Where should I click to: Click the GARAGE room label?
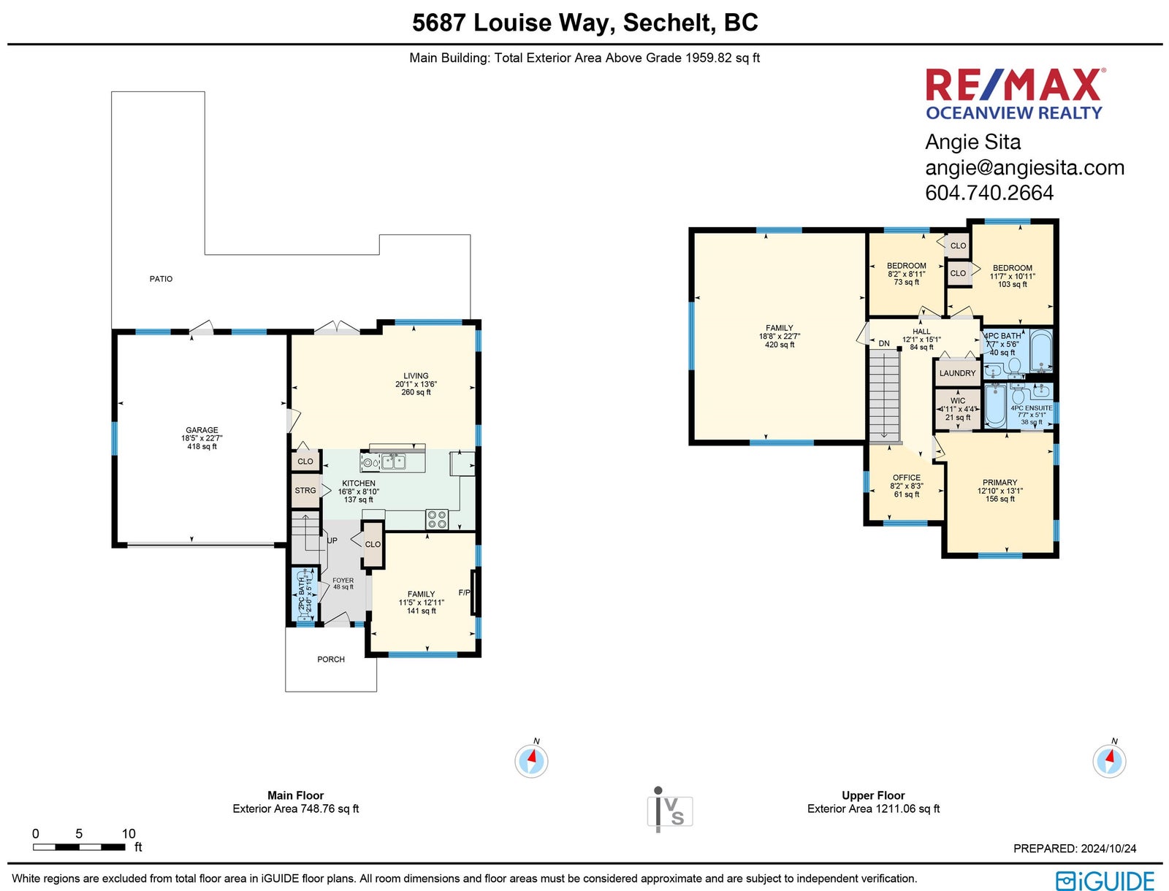[x=202, y=430]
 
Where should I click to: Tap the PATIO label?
[x=161, y=279]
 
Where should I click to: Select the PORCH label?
[x=331, y=659]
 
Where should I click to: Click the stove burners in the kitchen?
[x=437, y=519]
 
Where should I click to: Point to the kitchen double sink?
[x=394, y=462]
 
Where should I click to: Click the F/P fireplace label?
[x=465, y=593]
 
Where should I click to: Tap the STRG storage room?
[x=305, y=490]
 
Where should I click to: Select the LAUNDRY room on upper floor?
[x=958, y=373]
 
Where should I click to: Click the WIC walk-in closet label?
[x=958, y=401]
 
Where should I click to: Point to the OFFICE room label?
[x=907, y=478]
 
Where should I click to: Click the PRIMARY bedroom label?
[x=999, y=483]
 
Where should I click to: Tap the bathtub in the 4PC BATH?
[x=1041, y=351]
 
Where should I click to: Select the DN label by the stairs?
[x=884, y=344]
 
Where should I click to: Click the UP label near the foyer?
[x=332, y=540]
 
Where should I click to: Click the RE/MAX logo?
[x=1015, y=93]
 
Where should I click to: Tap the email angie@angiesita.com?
[x=1024, y=168]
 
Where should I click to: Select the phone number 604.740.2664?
[x=989, y=193]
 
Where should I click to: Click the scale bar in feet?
[x=79, y=847]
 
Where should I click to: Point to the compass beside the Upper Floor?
[x=1109, y=760]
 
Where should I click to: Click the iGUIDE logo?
[x=1105, y=881]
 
